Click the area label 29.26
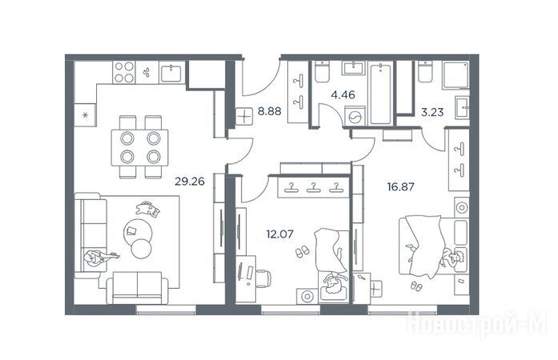point(190,182)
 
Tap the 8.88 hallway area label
point(269,111)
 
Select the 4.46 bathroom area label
point(343,94)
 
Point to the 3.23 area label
point(432,113)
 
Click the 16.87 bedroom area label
point(401,186)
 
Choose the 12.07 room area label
point(279,234)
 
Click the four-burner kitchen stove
point(124,72)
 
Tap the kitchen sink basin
point(171,74)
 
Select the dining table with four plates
point(140,147)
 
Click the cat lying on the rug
point(147,209)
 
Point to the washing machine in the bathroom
point(355,116)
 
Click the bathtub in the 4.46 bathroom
point(381,94)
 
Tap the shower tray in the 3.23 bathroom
point(456,74)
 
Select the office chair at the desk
point(263,278)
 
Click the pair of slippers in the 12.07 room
point(303,251)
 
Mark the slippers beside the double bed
point(416,286)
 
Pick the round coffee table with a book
point(138,232)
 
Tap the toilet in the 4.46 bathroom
point(322,72)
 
